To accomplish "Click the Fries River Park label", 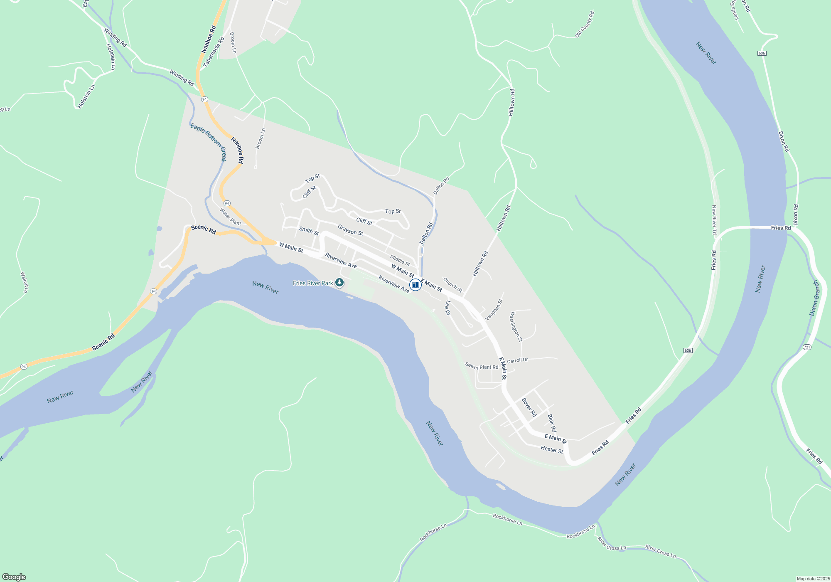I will click(x=313, y=283).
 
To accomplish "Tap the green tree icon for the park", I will click(x=339, y=283).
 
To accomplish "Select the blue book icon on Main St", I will click(x=415, y=285).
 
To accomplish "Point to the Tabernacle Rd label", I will click(x=214, y=52).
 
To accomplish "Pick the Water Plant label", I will click(x=230, y=217).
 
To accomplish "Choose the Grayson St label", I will click(x=350, y=230).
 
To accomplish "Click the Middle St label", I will click(x=400, y=261).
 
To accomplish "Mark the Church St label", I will click(x=452, y=285).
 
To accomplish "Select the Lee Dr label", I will click(x=447, y=308).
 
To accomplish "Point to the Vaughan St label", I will click(x=494, y=310).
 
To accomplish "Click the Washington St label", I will click(x=516, y=327).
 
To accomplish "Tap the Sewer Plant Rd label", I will click(x=482, y=366).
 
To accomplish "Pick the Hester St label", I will click(x=552, y=449).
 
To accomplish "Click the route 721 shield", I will click(x=807, y=347).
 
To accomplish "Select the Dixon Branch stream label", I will click(x=815, y=298).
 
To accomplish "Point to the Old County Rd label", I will click(x=585, y=25).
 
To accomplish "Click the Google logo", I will click(x=14, y=577).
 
